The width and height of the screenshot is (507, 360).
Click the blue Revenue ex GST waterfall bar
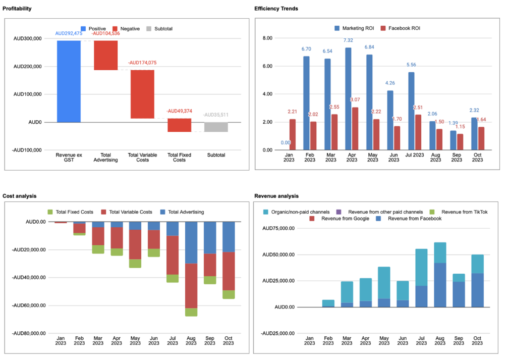[69, 81]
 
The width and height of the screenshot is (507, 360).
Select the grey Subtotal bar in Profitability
[216, 127]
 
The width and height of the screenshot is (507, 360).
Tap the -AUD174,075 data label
[142, 63]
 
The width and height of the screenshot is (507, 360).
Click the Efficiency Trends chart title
[276, 9]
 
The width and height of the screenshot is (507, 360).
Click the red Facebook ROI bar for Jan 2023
[293, 134]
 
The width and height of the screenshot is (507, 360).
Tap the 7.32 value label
[349, 40]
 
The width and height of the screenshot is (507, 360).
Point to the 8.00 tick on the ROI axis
[267, 38]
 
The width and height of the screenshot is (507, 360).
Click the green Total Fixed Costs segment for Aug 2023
[191, 312]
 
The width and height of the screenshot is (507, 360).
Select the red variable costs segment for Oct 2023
[229, 271]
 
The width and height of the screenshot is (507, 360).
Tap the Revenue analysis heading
[276, 196]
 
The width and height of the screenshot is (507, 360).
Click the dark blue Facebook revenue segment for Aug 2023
[440, 285]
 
